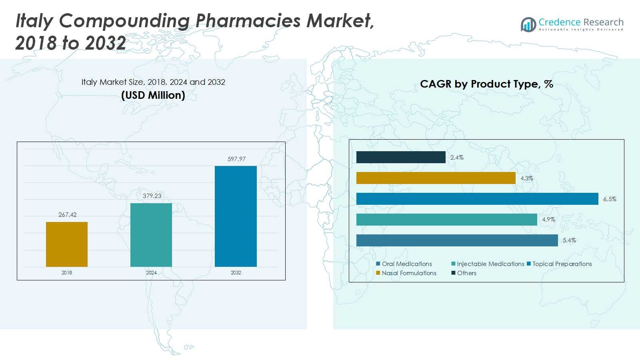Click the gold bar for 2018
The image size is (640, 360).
coord(67,244)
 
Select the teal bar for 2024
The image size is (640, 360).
coord(151,235)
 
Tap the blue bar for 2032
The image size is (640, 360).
coord(236,216)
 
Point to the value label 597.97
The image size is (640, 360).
coord(236,159)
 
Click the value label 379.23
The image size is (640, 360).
coord(152,196)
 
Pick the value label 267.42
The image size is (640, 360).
coord(68,214)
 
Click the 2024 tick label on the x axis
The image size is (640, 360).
coord(151,272)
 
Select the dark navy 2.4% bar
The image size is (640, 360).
coord(401,157)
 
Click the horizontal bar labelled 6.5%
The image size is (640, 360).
coord(477,199)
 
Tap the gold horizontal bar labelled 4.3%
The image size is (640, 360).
coord(436,178)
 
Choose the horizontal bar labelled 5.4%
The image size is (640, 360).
coord(457,240)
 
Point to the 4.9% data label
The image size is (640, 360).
coord(548,220)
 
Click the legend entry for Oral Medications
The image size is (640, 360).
coord(404,264)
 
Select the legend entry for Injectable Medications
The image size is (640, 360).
coord(488,264)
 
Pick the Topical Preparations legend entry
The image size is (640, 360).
coord(559,264)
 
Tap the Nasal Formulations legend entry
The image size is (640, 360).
coord(406,273)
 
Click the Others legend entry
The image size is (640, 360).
coord(464,273)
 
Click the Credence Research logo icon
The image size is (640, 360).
coord(528,24)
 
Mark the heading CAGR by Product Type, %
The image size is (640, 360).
coord(486,84)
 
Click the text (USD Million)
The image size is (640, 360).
coord(153,95)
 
